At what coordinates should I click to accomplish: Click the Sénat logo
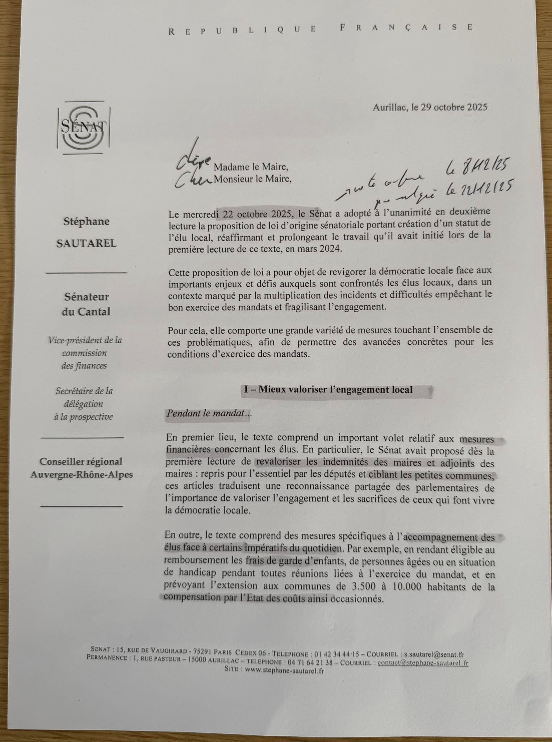click(83, 127)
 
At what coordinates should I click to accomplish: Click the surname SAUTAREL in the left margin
click(87, 243)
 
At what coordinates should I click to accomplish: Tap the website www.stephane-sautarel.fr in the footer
click(284, 671)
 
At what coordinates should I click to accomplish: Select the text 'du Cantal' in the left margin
click(86, 312)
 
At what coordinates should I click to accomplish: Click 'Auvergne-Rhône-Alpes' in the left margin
click(82, 474)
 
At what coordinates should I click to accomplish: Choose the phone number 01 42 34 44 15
click(337, 654)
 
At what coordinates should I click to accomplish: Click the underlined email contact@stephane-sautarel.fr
click(423, 663)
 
